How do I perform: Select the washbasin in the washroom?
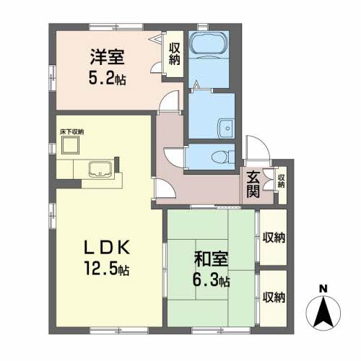coord(226,129)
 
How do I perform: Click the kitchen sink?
coord(100,169)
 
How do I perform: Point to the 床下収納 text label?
coord(71,132)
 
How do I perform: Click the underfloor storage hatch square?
coord(70,145)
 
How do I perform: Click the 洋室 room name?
coord(107,57)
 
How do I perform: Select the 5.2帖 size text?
coord(108,79)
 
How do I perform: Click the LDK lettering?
coord(107,247)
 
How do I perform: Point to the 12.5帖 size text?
coord(107,269)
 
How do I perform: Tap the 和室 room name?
coord(211,259)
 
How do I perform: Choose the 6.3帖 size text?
coord(211,280)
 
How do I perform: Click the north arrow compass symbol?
coord(323,313)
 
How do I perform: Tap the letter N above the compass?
coord(323,288)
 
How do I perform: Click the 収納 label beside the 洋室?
coord(175,54)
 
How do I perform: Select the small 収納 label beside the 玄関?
coord(281,181)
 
